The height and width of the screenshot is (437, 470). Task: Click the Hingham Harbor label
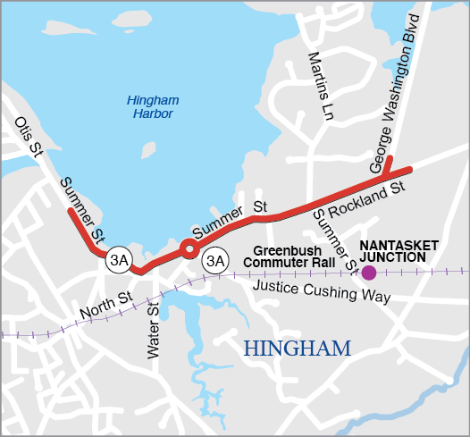point(149,107)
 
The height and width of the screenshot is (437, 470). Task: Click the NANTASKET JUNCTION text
point(399,249)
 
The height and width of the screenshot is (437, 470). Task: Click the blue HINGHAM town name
point(298,349)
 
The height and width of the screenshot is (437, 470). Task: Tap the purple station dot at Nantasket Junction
point(368,273)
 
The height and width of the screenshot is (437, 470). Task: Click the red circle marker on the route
point(189,248)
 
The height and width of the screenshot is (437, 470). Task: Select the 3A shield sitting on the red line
point(119,260)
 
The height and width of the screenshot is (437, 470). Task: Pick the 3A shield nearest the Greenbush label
point(214,261)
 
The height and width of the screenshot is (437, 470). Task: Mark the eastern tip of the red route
point(409,169)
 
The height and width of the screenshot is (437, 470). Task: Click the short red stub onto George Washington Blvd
point(388,165)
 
